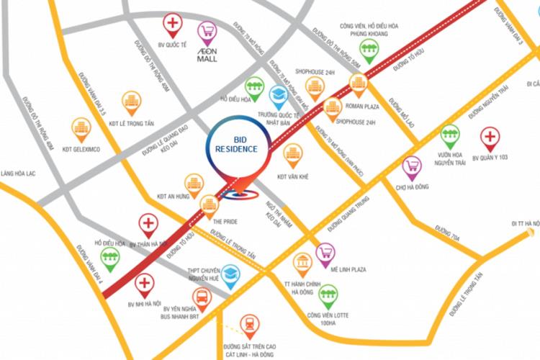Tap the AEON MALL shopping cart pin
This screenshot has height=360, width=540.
coord(207,32)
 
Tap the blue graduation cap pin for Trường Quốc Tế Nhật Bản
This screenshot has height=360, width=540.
coord(278,96)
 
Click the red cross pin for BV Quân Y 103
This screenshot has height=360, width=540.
coord(490,137)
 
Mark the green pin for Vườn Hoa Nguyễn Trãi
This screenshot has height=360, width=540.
coord(451,135)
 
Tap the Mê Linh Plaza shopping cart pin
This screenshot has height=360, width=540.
coord(326,253)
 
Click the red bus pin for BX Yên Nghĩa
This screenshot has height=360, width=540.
coord(202,297)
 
